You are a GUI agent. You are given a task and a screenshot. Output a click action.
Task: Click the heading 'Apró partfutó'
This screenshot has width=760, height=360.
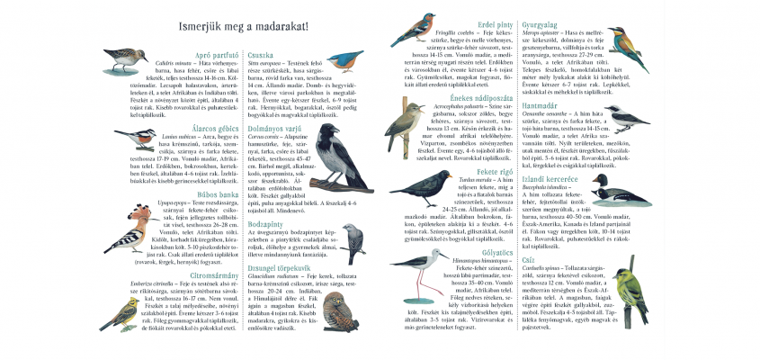click(216, 56)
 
